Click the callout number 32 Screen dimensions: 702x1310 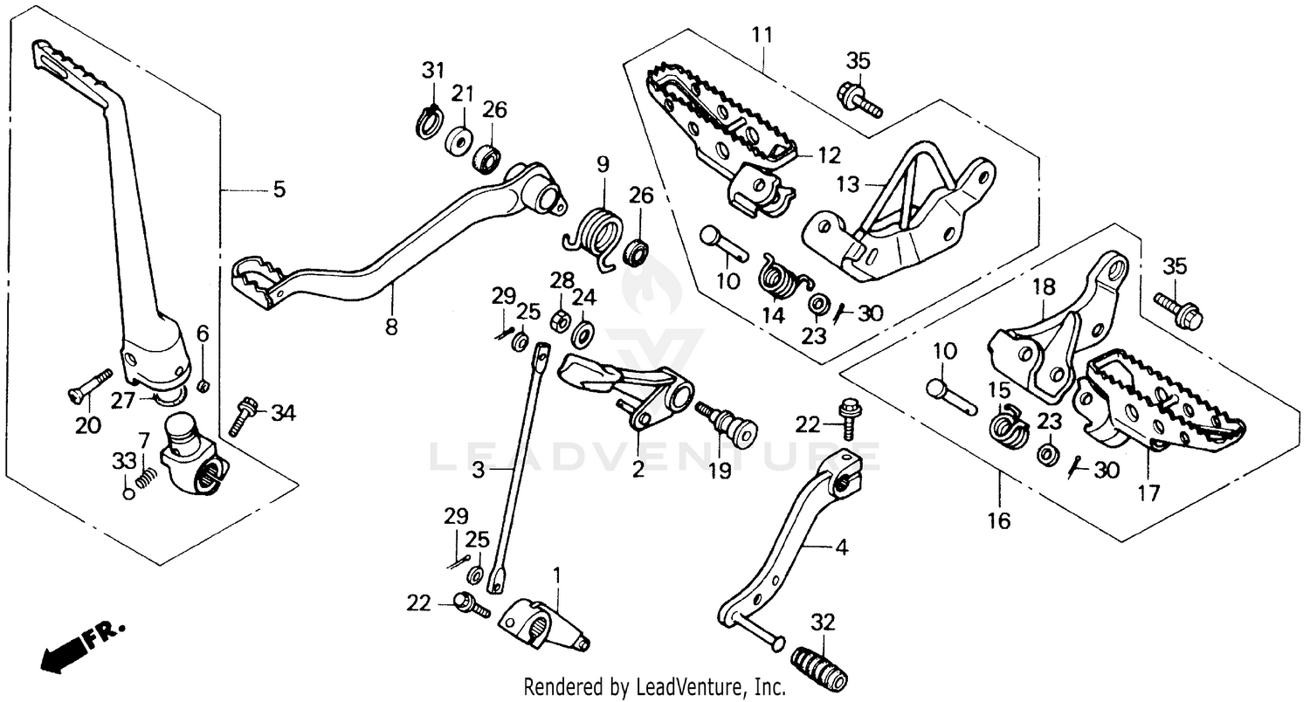pos(823,623)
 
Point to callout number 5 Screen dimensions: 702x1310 pos(279,189)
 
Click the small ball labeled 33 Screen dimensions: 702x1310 pos(128,493)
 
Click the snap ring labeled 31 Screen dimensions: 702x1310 pos(427,121)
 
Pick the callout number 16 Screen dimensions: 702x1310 pos(999,521)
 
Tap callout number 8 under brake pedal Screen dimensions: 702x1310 pos(391,327)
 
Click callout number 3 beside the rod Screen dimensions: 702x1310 pos(478,469)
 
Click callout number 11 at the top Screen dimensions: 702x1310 pos(762,36)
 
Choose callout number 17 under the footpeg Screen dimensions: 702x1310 pos(1148,493)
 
